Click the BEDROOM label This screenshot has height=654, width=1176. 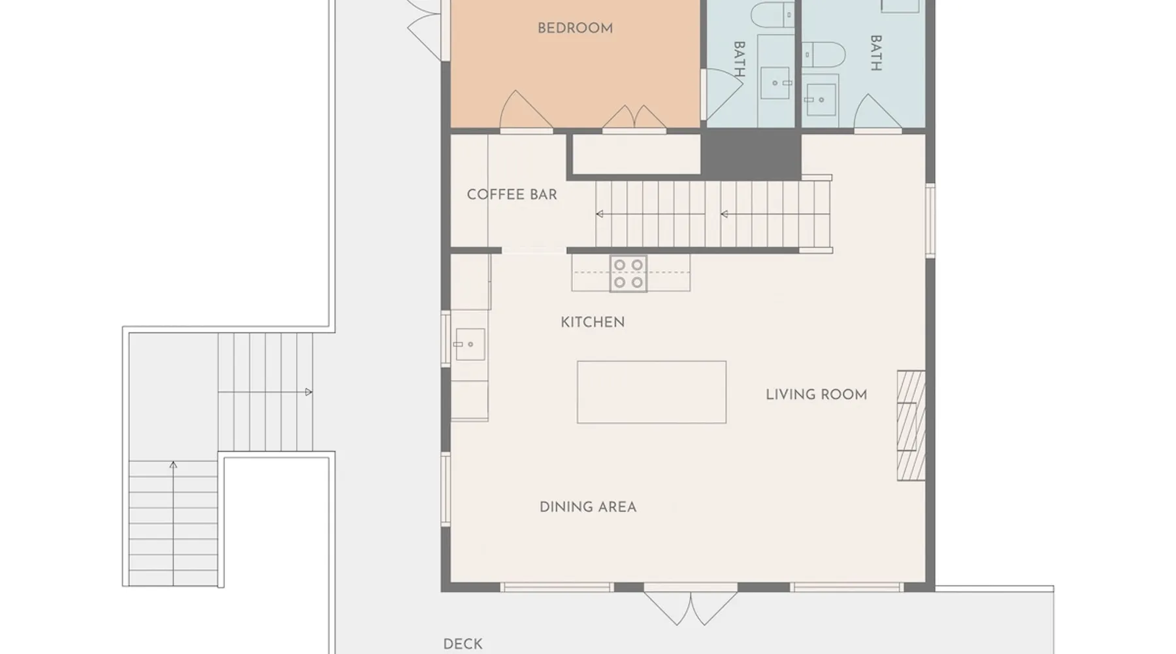click(x=575, y=28)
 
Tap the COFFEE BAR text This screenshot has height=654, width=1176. click(x=512, y=194)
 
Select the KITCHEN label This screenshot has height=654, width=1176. click(x=593, y=322)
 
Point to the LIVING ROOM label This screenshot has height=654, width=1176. click(x=816, y=394)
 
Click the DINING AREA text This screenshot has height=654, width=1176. click(x=588, y=507)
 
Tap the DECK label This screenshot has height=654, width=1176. click(x=463, y=644)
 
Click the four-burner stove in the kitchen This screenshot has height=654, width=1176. click(x=629, y=273)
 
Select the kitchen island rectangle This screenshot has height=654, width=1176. click(x=651, y=392)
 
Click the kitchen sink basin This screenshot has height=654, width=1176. click(x=469, y=344)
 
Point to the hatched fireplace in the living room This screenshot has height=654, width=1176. click(x=911, y=426)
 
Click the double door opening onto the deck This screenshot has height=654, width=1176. click(x=691, y=608)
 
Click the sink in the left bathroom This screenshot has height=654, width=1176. click(x=776, y=83)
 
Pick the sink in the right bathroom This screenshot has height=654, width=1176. click(x=821, y=99)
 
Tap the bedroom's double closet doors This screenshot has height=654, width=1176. click(x=634, y=117)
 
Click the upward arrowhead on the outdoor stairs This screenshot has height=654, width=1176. click(x=173, y=464)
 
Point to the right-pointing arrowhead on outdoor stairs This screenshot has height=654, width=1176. click(x=308, y=392)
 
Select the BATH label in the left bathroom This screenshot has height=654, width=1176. click(x=739, y=60)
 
